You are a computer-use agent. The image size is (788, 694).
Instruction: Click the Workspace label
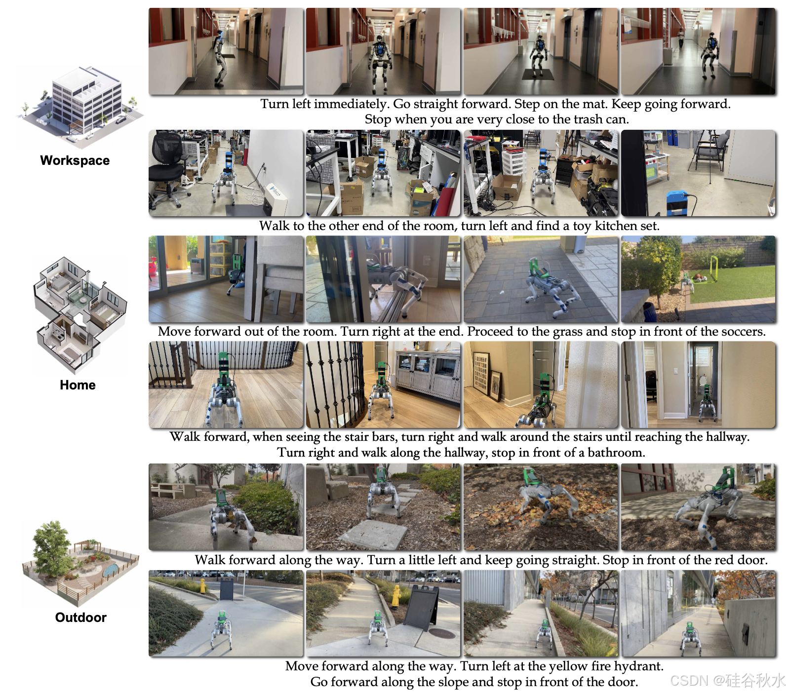point(75,160)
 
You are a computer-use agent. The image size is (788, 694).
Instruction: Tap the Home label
point(78,385)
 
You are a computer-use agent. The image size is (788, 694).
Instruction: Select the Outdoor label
point(80,617)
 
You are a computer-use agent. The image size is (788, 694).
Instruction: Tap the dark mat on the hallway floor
point(538,74)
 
